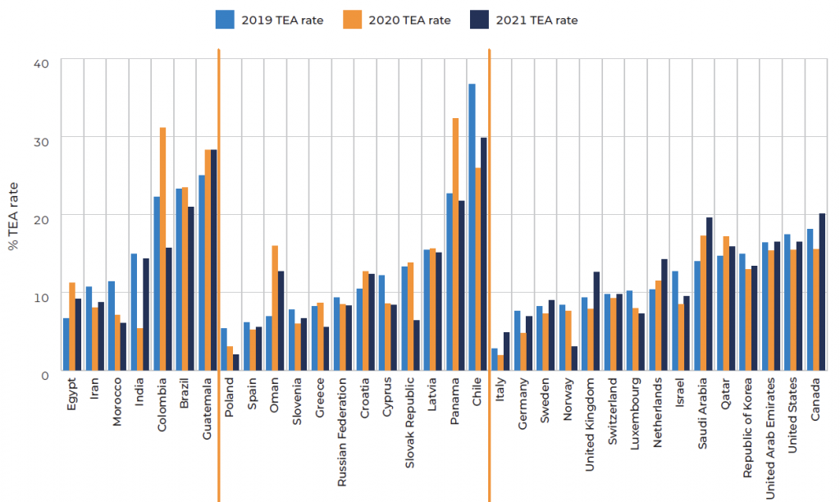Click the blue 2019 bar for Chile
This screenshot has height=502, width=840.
[472, 230]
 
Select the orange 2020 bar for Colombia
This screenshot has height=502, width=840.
[162, 251]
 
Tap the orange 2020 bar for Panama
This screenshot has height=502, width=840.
[455, 246]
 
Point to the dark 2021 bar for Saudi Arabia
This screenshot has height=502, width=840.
[710, 295]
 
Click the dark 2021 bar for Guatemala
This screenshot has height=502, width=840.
[213, 262]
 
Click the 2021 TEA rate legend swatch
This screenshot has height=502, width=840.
[480, 20]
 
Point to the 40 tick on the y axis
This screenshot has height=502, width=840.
[43, 63]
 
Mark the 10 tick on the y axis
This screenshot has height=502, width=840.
[43, 296]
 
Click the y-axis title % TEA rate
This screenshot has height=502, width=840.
[12, 217]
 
